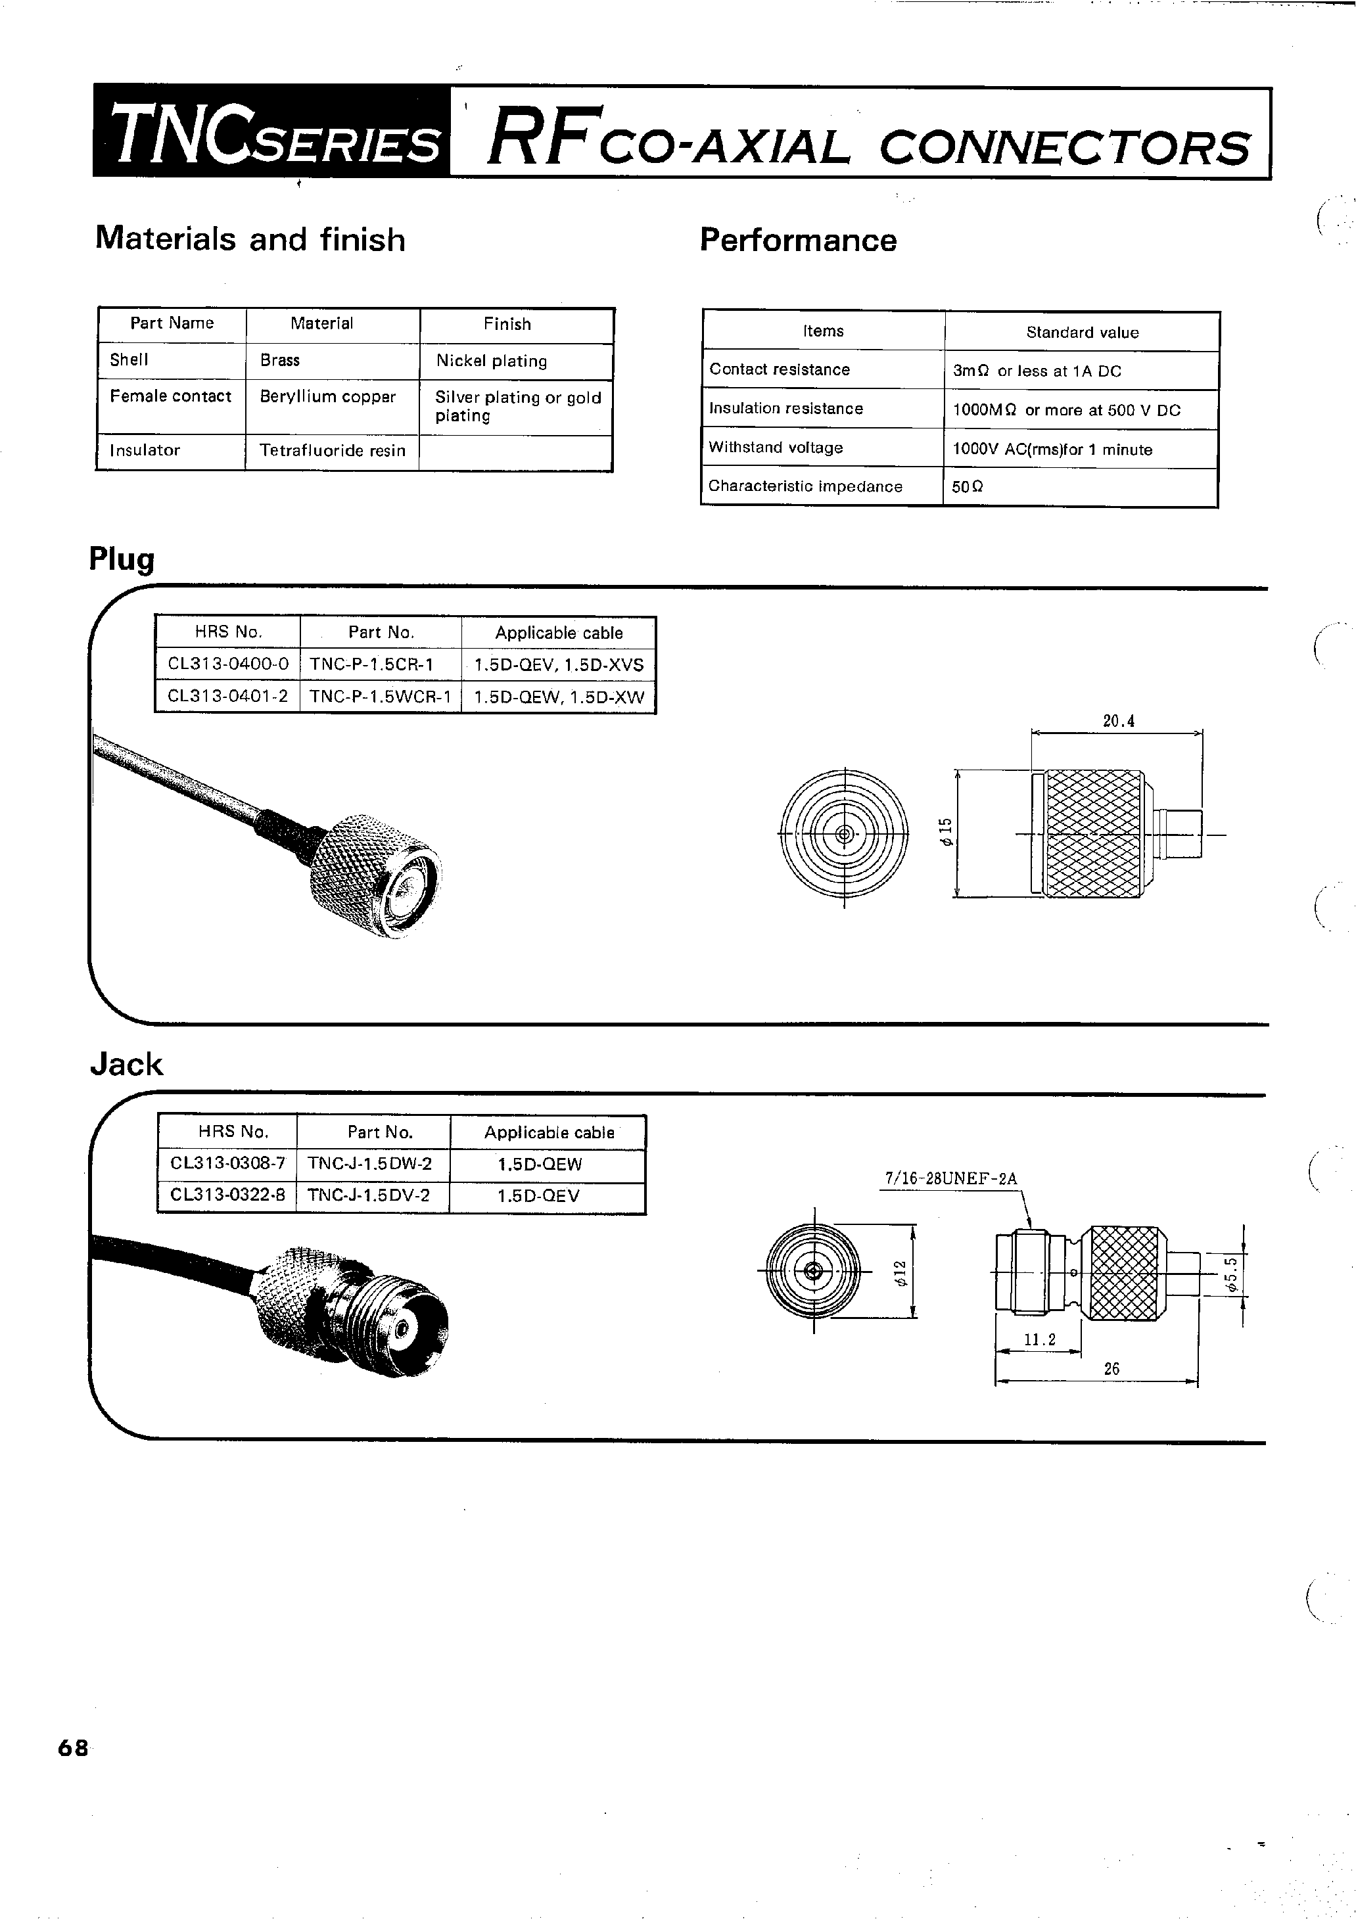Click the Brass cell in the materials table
[279, 360]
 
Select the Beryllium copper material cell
[327, 397]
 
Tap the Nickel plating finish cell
[492, 361]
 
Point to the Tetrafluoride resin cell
[332, 450]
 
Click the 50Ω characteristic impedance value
[968, 487]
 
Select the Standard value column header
[1082, 333]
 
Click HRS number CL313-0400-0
[227, 664]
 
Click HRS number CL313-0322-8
[227, 1195]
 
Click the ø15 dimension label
[946, 833]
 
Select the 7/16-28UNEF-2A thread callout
[950, 1179]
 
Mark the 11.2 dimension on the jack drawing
[1039, 1340]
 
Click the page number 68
[73, 1747]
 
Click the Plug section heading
[122, 559]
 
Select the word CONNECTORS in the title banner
[1064, 149]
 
